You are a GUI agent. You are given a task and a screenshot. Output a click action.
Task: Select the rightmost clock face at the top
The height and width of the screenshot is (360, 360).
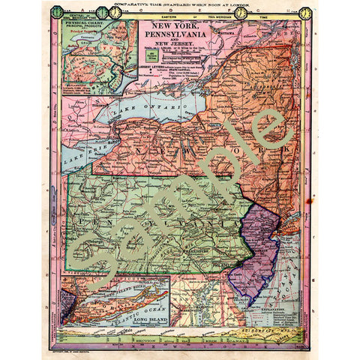(306, 13)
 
